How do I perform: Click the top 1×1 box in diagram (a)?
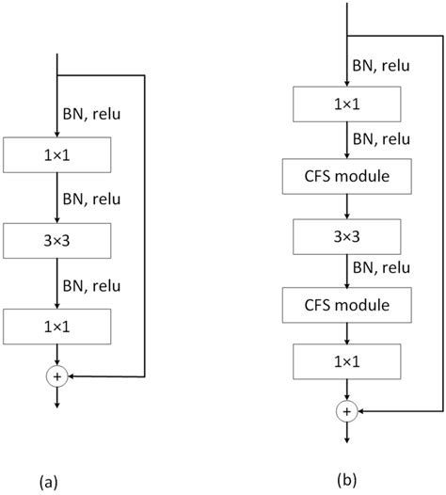(57, 155)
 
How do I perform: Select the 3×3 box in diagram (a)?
(57, 240)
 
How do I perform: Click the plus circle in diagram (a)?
(57, 375)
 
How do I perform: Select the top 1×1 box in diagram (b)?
(348, 104)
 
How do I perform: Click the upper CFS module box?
(348, 174)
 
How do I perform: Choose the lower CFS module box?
(348, 306)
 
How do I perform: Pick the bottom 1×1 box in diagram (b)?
(348, 362)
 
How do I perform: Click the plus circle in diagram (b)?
(348, 411)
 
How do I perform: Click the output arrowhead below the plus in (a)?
(57, 405)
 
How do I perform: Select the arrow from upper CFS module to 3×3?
(348, 205)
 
